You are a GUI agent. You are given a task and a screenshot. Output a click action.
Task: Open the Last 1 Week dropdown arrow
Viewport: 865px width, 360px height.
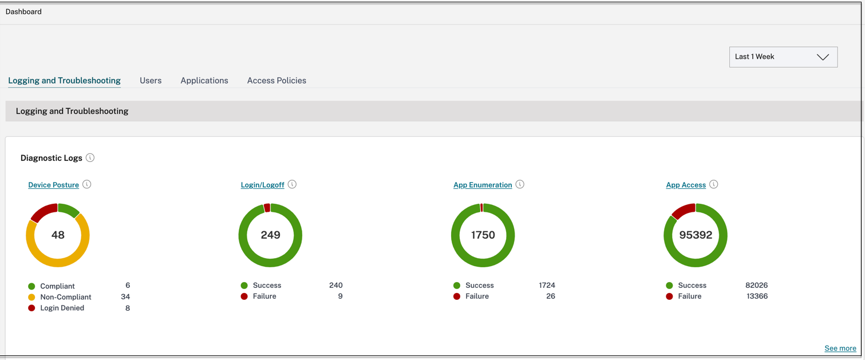click(823, 57)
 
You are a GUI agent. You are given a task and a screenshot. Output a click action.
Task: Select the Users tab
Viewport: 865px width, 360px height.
click(151, 81)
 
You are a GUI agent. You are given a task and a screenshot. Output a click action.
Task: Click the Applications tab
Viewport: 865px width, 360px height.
click(204, 81)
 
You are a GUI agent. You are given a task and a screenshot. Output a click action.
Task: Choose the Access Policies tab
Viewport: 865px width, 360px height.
click(277, 81)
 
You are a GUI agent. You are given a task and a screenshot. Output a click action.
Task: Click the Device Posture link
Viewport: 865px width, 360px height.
click(53, 185)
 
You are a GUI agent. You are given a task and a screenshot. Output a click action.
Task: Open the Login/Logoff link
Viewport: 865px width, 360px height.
click(262, 185)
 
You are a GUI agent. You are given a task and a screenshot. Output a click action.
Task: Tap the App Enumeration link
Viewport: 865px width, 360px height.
click(483, 185)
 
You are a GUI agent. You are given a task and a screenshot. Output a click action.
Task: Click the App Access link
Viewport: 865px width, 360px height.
click(686, 185)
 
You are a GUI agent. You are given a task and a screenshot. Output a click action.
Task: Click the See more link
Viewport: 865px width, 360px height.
click(840, 349)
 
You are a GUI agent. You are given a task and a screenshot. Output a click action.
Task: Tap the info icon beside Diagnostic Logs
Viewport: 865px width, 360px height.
click(90, 158)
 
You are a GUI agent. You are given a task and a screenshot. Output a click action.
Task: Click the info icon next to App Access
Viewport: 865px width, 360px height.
click(713, 184)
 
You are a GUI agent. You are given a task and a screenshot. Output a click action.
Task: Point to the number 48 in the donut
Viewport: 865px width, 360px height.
click(58, 235)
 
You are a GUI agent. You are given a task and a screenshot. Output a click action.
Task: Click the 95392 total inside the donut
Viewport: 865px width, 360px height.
click(695, 235)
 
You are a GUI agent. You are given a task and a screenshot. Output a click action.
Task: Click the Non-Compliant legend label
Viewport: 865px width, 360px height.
click(65, 297)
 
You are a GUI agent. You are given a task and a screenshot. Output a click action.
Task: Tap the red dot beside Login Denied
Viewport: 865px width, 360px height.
click(31, 308)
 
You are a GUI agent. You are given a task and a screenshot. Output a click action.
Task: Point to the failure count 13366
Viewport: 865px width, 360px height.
click(756, 296)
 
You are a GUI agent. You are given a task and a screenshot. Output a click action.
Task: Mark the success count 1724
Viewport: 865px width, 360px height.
click(547, 286)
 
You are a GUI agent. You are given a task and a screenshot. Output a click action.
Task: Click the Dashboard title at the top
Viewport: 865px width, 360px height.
click(23, 11)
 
